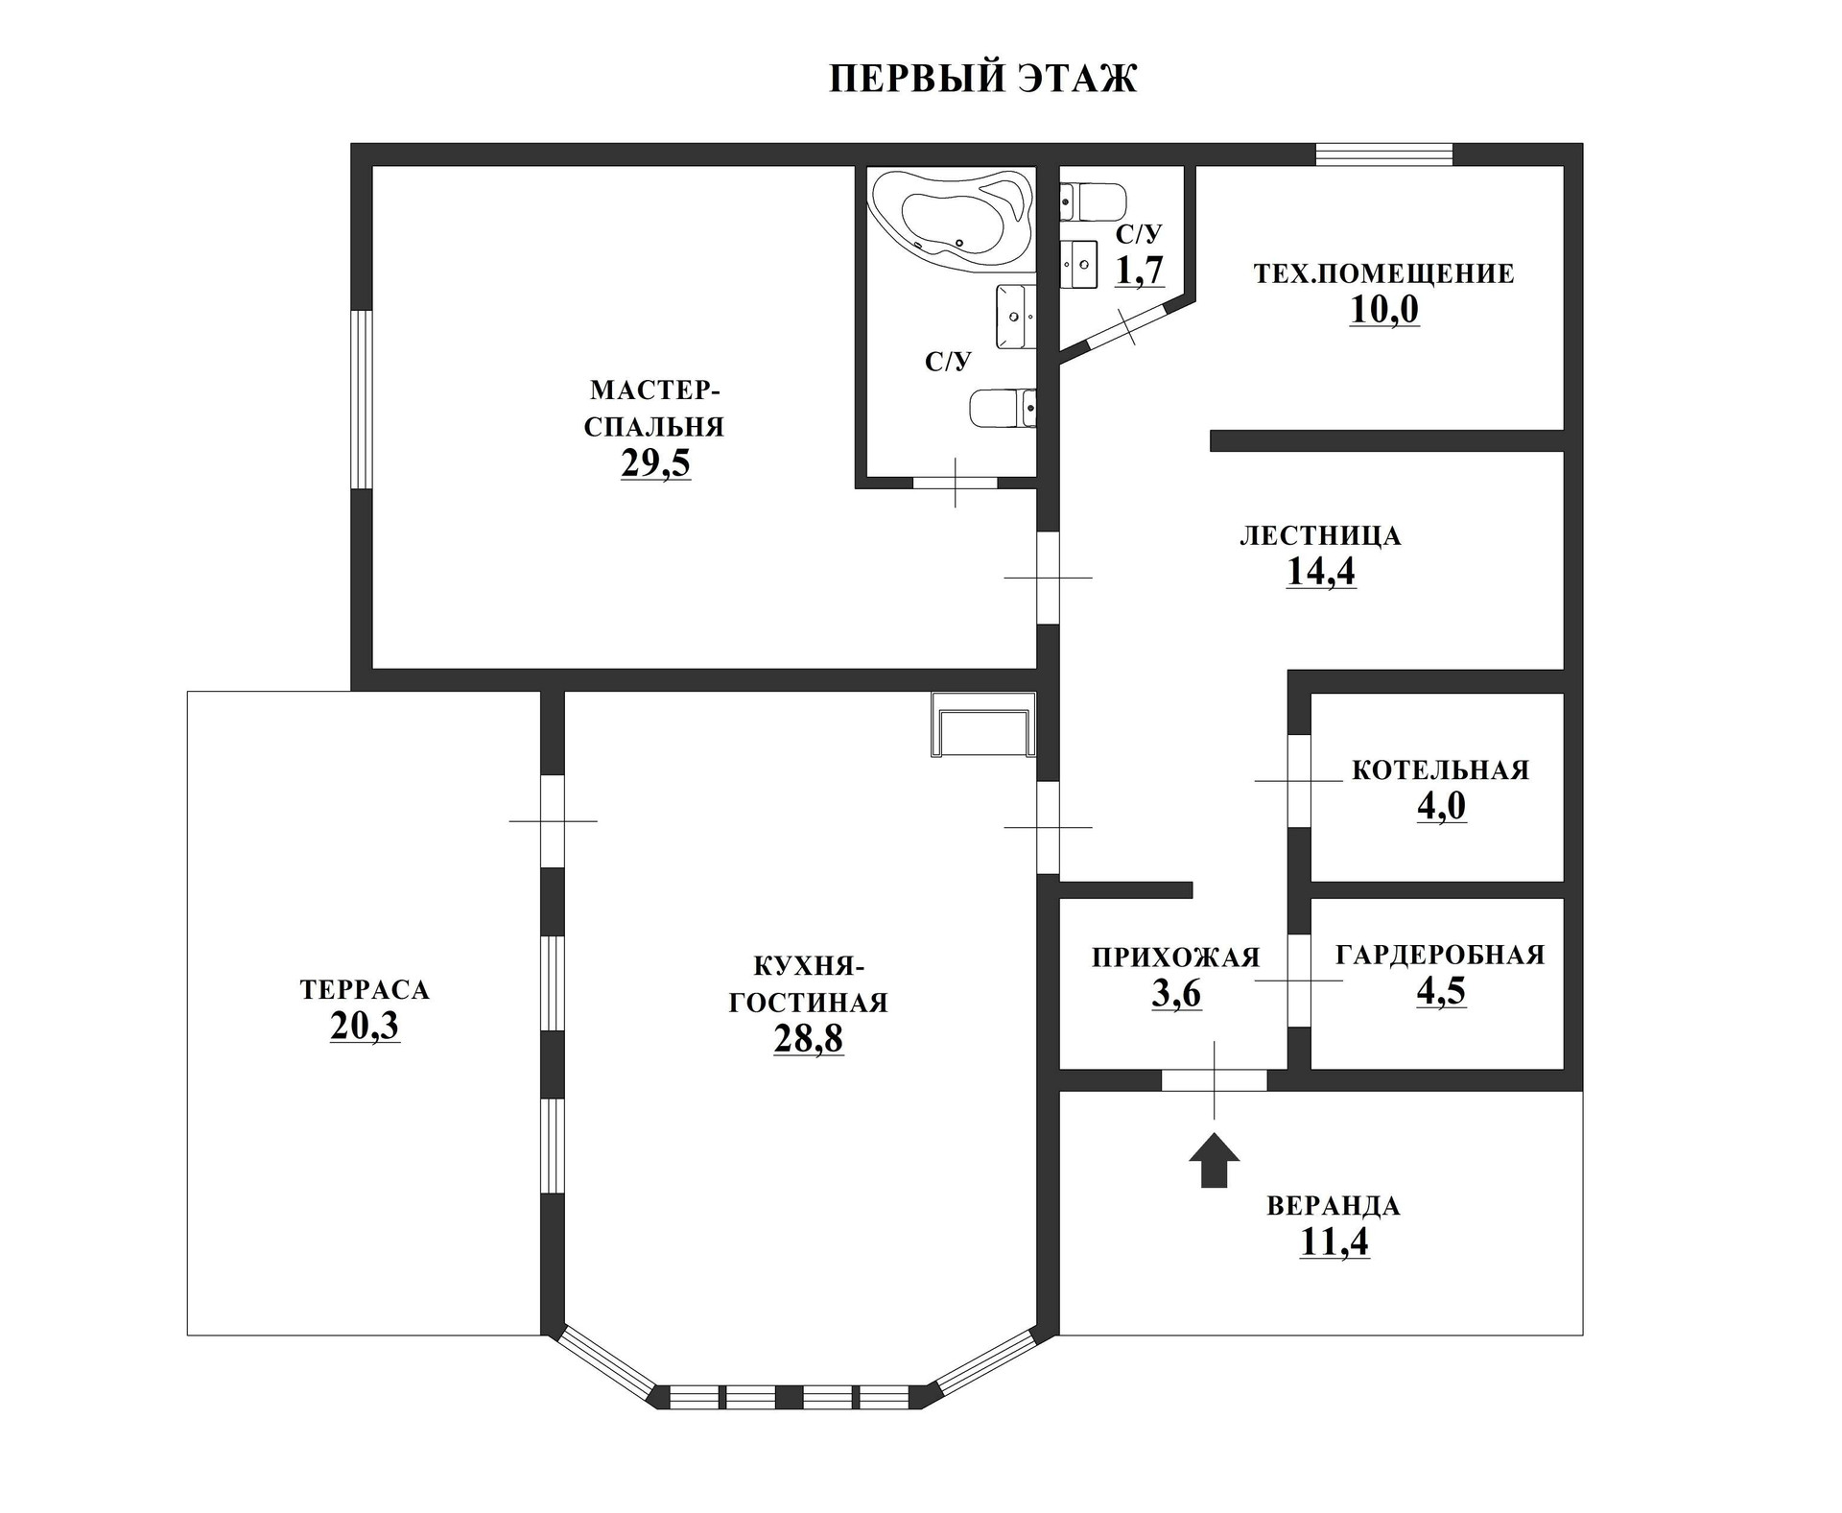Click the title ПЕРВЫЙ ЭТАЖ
[982, 79]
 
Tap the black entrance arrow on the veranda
[1214, 1160]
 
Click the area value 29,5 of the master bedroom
[655, 463]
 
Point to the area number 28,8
[809, 1039]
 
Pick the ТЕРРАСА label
[365, 989]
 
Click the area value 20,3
[365, 1027]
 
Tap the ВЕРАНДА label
[1334, 1206]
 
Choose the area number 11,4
[1334, 1241]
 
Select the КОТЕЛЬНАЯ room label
[1440, 770]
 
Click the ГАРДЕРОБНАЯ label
[1440, 955]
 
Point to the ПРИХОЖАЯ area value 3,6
[1176, 995]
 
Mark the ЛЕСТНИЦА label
[1320, 535]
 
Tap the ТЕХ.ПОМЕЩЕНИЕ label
[1383, 274]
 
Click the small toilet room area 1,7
[1139, 272]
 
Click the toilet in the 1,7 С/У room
[1093, 202]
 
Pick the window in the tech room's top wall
[1383, 154]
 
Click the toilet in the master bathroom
[1004, 408]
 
